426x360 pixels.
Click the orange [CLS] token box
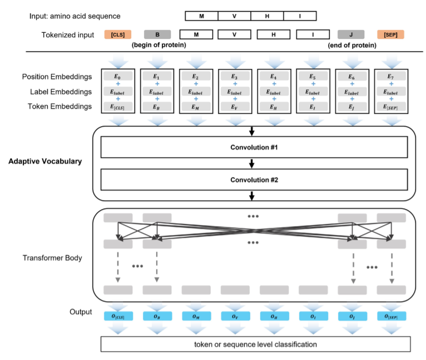(x=117, y=34)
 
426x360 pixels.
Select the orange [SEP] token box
(x=390, y=34)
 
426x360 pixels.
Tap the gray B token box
(x=157, y=34)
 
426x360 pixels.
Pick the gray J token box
(x=351, y=34)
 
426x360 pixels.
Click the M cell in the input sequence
(x=201, y=16)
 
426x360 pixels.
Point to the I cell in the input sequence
(x=300, y=16)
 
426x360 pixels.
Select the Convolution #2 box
(x=254, y=180)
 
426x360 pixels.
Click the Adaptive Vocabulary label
(x=44, y=162)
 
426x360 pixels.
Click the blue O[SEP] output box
(x=390, y=317)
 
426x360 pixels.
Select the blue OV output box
(x=235, y=317)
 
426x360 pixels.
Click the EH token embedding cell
(x=274, y=107)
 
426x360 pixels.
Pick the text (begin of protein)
(x=158, y=45)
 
